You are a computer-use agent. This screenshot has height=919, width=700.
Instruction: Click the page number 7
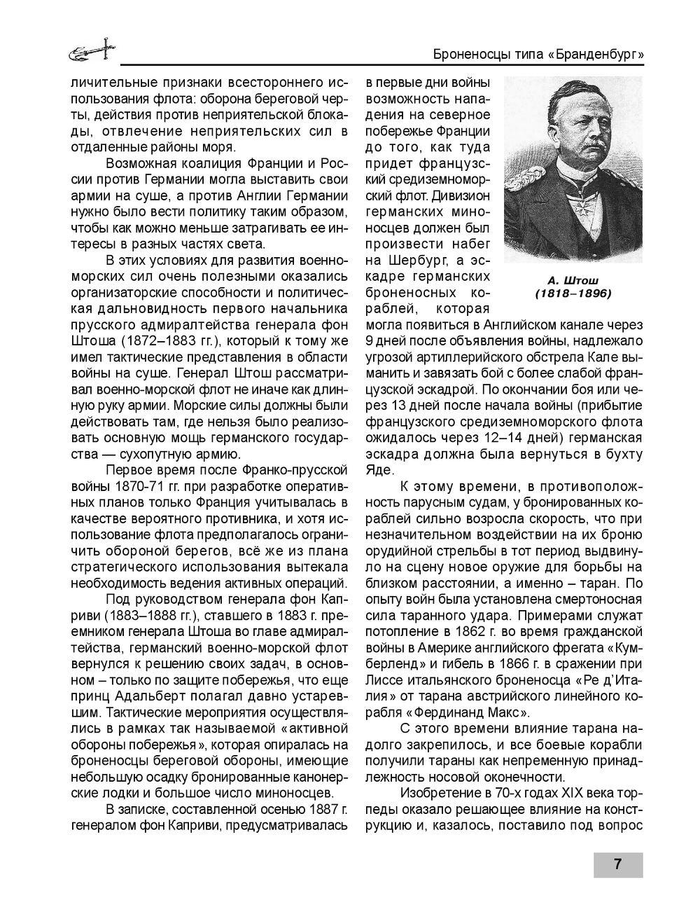tap(617, 864)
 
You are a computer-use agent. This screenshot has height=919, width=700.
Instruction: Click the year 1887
tap(313, 809)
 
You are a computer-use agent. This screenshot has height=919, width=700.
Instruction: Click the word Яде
tap(379, 470)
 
